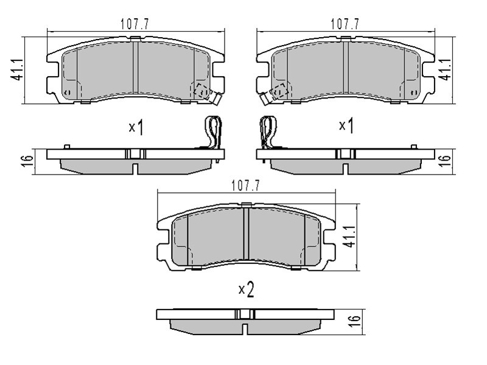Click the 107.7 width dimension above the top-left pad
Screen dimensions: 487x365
click(x=135, y=24)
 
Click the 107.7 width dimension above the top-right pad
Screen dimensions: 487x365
click(x=345, y=24)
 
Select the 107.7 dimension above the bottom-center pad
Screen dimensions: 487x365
click(x=245, y=186)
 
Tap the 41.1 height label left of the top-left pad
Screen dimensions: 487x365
click(x=17, y=69)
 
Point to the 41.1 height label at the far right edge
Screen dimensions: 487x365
click(x=446, y=69)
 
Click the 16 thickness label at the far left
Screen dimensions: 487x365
click(x=28, y=161)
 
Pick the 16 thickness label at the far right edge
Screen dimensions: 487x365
click(x=445, y=161)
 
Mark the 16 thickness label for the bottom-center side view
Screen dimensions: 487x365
click(x=355, y=321)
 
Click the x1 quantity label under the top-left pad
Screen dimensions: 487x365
click(x=136, y=127)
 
